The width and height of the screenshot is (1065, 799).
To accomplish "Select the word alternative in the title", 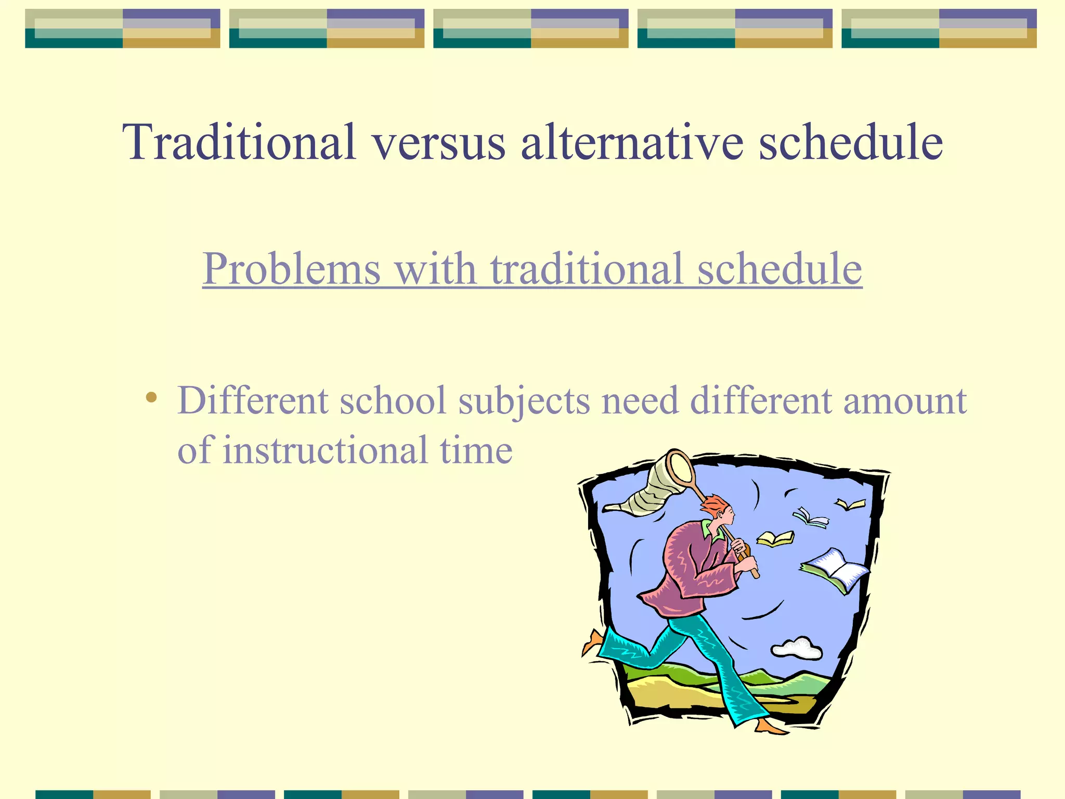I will pos(632,141).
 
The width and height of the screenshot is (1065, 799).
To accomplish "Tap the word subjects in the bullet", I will pos(524,402).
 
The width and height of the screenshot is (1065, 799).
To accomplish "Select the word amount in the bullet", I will pos(904,401).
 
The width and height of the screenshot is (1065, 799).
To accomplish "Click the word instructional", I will pos(325,450).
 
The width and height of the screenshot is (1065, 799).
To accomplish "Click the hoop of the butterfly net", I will pos(681,467).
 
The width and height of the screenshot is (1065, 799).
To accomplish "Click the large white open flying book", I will pos(836,570).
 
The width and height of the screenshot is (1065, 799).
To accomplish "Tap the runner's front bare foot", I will pos(771,727).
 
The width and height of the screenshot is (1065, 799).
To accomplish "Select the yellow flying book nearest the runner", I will pos(775,538).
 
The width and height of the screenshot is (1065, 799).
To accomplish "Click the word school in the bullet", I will pos(393,401).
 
